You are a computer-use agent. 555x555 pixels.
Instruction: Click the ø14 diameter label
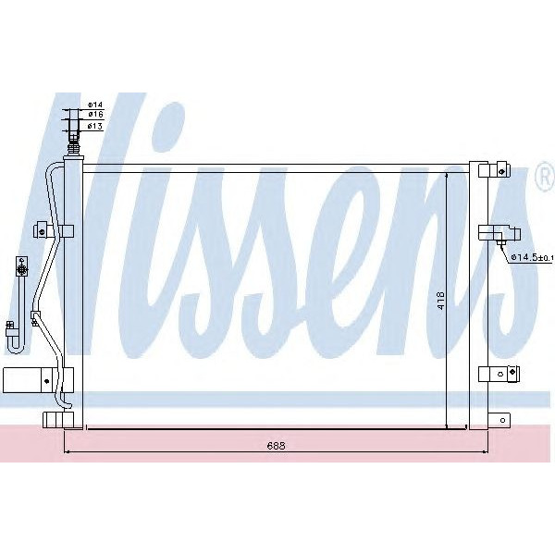click(94, 104)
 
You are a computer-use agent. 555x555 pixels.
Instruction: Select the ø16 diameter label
click(94, 115)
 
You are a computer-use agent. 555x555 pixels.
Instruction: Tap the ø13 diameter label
click(94, 126)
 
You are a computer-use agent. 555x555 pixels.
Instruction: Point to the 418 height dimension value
click(442, 301)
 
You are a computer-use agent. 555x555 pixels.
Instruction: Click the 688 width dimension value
click(277, 445)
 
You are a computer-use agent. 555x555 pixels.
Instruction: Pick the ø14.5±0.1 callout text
click(531, 257)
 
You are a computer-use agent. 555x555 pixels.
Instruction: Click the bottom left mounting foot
click(57, 421)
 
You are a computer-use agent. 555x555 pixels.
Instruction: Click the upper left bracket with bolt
click(42, 228)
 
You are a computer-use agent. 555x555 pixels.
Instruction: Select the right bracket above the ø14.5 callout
click(499, 232)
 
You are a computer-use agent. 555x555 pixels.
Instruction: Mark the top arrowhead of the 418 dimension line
click(448, 175)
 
